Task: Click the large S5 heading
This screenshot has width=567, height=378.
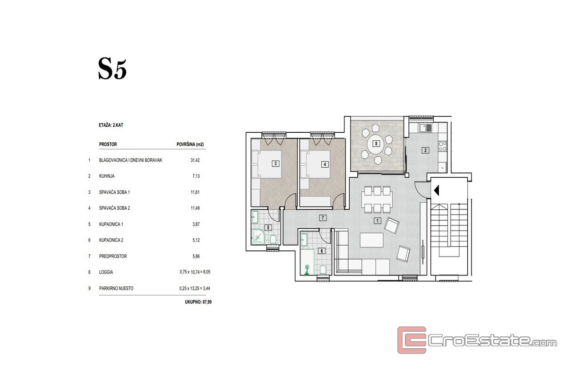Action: (112, 69)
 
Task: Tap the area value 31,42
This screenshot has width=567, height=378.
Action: (195, 160)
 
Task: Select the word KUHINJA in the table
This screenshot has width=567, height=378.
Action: (107, 176)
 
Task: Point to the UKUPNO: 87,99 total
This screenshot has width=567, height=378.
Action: (198, 302)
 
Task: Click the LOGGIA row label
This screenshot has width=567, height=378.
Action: (106, 272)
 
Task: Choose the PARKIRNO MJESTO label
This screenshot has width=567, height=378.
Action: (116, 288)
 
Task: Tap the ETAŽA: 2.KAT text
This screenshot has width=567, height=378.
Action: (111, 125)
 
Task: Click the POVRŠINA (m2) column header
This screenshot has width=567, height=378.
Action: (190, 144)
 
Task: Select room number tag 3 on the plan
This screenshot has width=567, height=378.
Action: (275, 163)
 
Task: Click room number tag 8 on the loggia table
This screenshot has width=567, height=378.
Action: (376, 144)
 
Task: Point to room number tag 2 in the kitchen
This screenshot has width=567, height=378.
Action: (425, 150)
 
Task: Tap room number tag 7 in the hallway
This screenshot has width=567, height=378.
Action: (322, 218)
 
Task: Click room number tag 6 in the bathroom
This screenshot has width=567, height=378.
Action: (322, 251)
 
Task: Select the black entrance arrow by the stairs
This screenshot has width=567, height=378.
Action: (437, 190)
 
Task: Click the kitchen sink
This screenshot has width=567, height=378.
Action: (426, 128)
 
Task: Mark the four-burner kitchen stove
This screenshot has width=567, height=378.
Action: (443, 146)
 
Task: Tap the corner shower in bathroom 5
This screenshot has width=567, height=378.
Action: (258, 237)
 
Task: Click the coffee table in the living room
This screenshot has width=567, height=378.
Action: (371, 240)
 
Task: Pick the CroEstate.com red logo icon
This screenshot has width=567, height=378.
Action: (412, 340)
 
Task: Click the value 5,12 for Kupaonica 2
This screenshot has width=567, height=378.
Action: (196, 241)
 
